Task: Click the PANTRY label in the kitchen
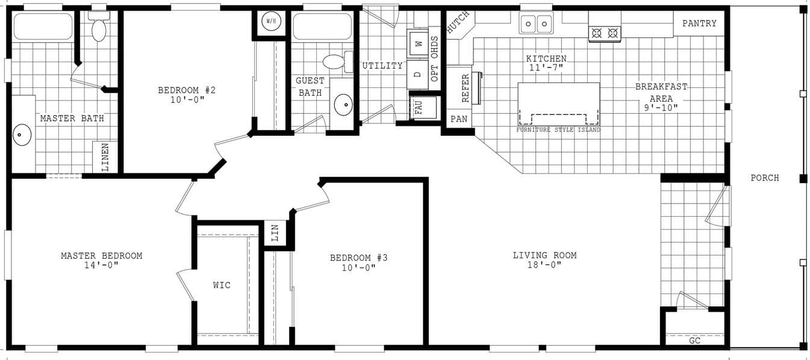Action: (699, 23)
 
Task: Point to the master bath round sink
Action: (22, 135)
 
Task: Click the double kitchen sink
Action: (536, 24)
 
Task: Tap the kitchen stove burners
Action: (604, 33)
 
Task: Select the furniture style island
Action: (558, 104)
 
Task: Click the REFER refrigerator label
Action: (465, 88)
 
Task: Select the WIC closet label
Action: (222, 285)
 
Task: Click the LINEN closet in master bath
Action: (105, 157)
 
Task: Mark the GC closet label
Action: (694, 340)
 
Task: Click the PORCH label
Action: (764, 178)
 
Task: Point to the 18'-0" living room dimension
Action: (545, 265)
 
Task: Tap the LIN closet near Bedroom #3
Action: (275, 234)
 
